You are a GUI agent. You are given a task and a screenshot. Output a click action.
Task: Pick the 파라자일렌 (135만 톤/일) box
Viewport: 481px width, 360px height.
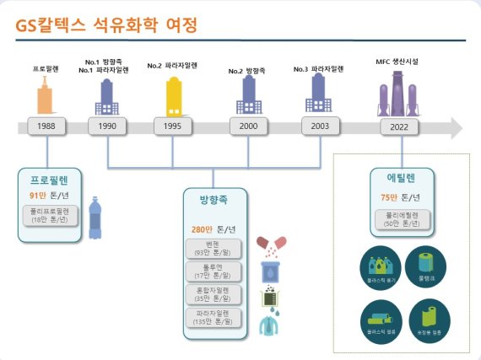click(213, 317)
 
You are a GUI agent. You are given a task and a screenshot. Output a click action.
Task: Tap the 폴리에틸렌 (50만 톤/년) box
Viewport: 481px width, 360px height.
click(403, 219)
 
